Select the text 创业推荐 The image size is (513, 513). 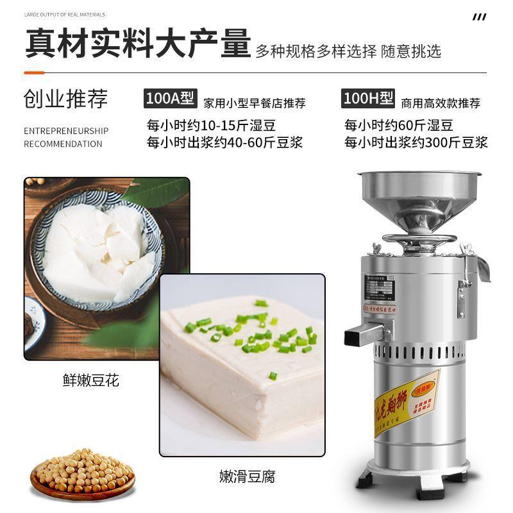coord(66,99)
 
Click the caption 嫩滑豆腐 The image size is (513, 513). coord(246,476)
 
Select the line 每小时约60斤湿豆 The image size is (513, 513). coord(399,124)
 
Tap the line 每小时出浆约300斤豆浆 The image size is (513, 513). coord(416,142)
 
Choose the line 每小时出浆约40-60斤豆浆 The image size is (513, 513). coord(224,142)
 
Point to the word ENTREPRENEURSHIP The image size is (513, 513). coord(66,131)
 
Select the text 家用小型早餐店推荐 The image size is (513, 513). coord(254,103)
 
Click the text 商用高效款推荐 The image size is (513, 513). coord(441,103)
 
